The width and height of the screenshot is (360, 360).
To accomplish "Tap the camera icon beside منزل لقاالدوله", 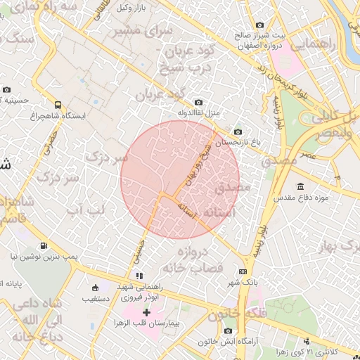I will pyautogui.click(x=198, y=103).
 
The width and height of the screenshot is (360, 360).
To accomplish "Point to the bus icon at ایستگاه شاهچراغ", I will pyautogui.click(x=58, y=105).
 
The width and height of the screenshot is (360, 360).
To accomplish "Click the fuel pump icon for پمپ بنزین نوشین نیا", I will pyautogui.click(x=44, y=246).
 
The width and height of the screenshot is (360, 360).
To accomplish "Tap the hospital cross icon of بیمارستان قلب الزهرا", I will pyautogui.click(x=147, y=311).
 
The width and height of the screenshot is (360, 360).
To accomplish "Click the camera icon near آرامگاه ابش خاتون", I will pyautogui.click(x=228, y=330).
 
